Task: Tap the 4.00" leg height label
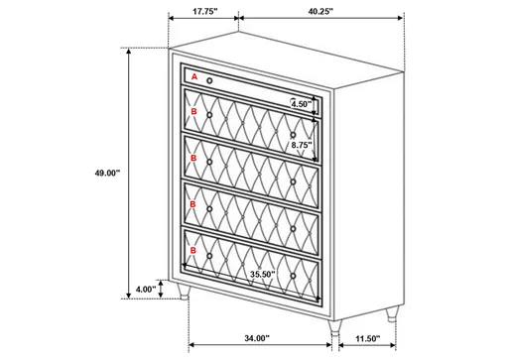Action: point(145,290)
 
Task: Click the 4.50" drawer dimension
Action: point(302,102)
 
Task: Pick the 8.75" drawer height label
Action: point(302,146)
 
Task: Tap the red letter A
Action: point(194,76)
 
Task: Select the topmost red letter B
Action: point(194,113)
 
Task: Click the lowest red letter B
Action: point(195,249)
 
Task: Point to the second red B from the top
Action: point(194,159)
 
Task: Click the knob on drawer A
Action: point(210,79)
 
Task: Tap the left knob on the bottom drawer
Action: point(209,257)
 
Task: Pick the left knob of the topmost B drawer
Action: point(209,120)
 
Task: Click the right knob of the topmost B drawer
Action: point(293,134)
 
